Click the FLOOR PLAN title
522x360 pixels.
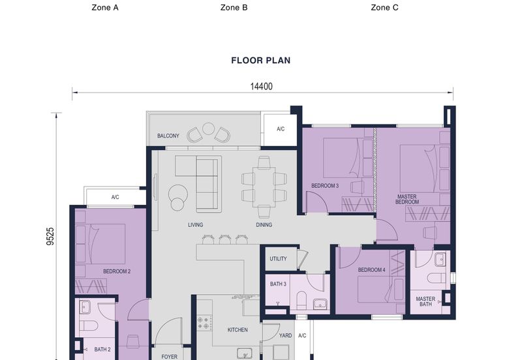[x=260, y=61]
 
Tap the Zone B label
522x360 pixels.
[x=234, y=8]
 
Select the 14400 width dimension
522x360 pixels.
[x=262, y=87]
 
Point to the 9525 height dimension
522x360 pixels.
[x=50, y=236]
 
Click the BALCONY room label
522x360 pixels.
[x=168, y=136]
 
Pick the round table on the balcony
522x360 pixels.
[x=208, y=128]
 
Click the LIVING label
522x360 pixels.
[x=195, y=225]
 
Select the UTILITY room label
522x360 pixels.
[x=279, y=258]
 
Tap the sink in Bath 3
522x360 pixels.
[x=320, y=303]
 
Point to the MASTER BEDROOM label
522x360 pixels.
[x=407, y=200]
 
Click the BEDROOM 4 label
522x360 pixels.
[x=371, y=270]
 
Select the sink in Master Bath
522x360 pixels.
[x=440, y=259]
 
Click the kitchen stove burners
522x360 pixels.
[x=204, y=323]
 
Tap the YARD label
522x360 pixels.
[x=285, y=335]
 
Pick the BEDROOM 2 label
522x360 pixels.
[x=117, y=271]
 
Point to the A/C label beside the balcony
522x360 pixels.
[x=281, y=128]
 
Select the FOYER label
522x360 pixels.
[x=170, y=357]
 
